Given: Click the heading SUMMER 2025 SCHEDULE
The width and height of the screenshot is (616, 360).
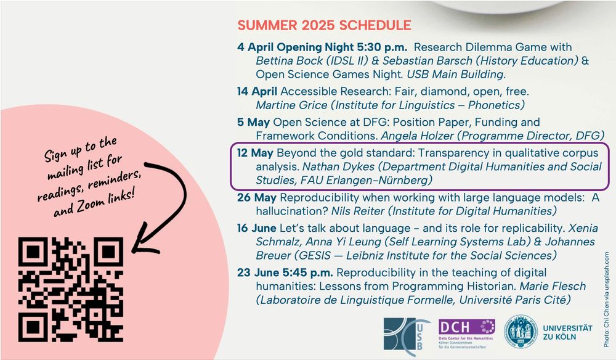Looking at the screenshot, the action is pos(324,25).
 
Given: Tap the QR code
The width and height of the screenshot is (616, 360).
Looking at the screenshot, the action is pos(71,290).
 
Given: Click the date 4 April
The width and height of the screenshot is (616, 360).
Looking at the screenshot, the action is pos(256,47).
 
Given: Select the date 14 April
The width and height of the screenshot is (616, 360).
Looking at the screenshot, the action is pos(257,92).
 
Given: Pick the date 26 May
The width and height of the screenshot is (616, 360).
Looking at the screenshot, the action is pos(256,197).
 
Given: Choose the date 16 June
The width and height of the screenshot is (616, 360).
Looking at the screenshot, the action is pos(256,228).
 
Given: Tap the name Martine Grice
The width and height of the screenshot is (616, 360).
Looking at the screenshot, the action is pos(291,105).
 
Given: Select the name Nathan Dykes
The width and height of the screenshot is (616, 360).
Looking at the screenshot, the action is pos(338,166).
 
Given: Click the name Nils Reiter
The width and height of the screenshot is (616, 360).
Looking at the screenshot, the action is pos(357,211).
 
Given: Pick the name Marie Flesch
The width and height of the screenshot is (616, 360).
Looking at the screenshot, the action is pos(553,286).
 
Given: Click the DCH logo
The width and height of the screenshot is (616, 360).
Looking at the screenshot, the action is pos(466,333).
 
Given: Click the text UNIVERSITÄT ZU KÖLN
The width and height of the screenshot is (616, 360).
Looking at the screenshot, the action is pos(567,332).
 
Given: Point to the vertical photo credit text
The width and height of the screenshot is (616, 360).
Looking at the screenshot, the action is pos(607,300).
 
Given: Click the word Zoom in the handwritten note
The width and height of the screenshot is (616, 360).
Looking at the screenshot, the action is pos(91,205).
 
